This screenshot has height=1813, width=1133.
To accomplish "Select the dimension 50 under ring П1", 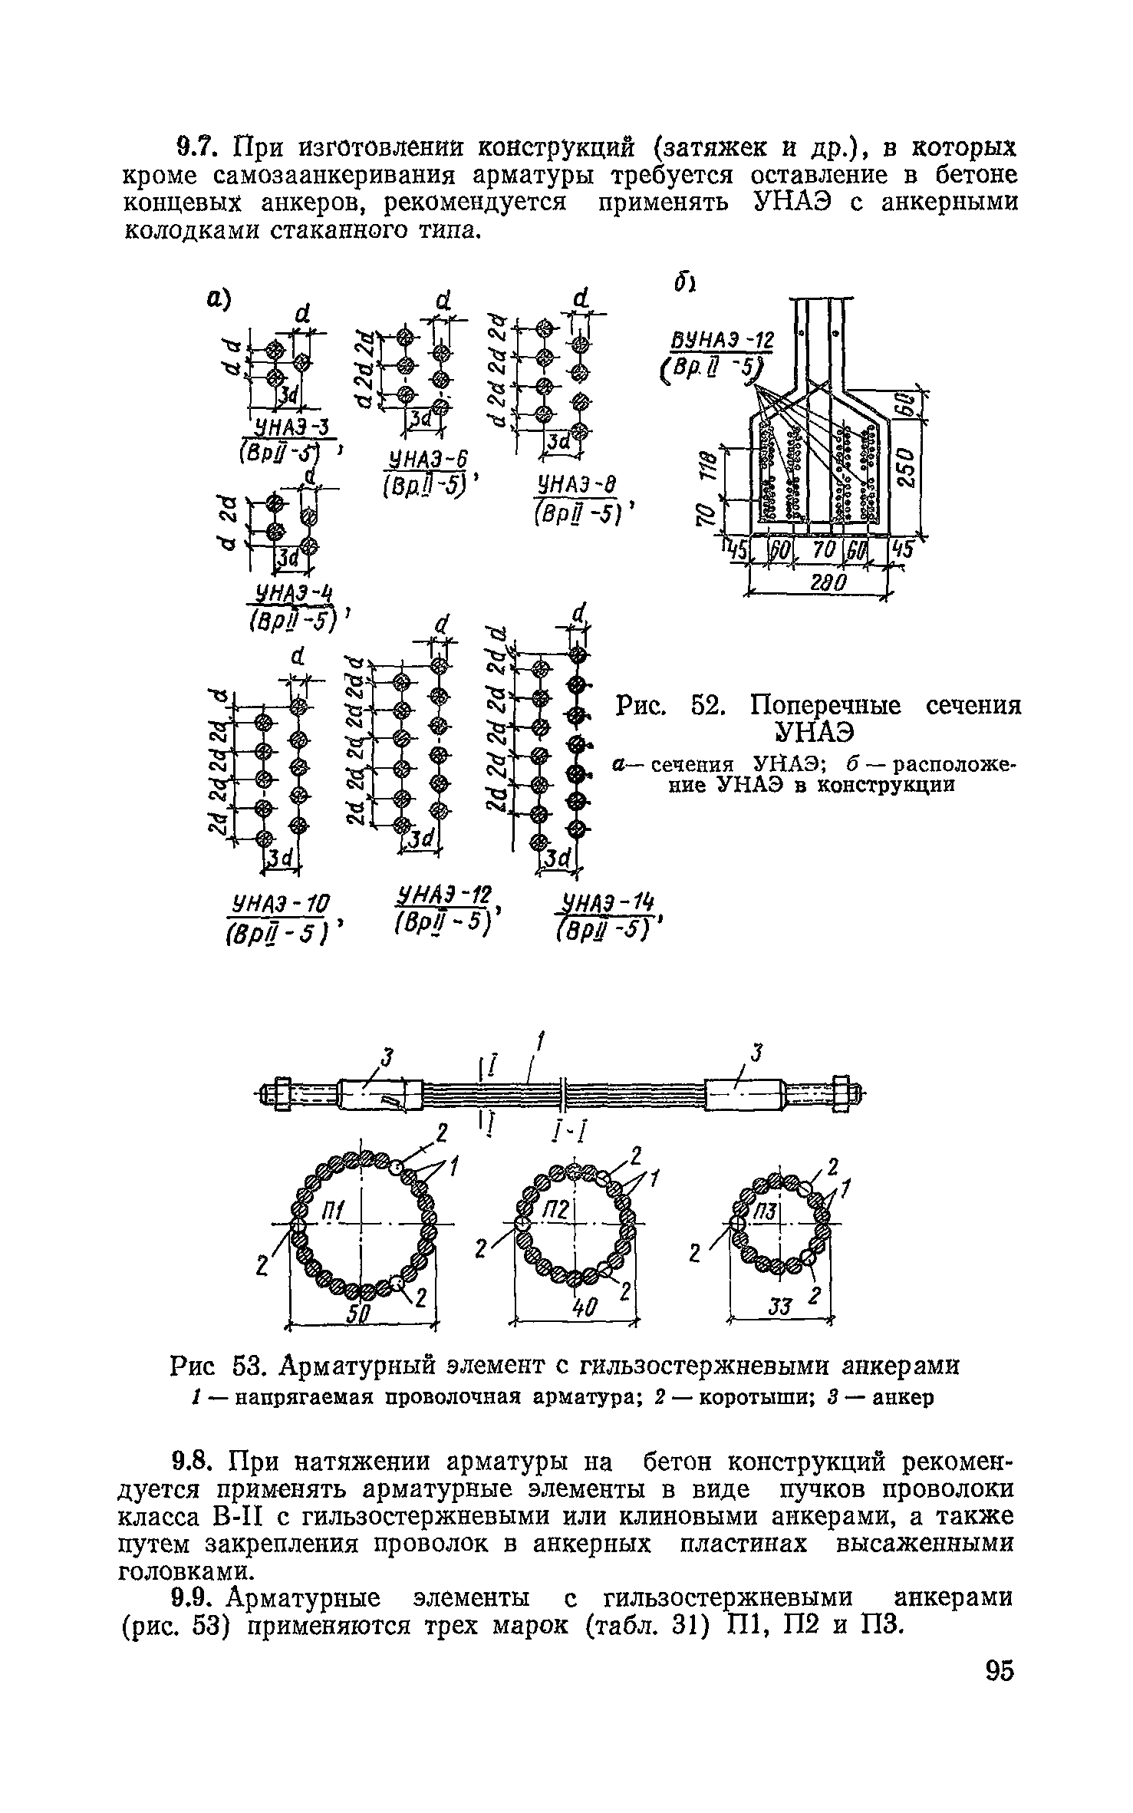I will [360, 1316].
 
